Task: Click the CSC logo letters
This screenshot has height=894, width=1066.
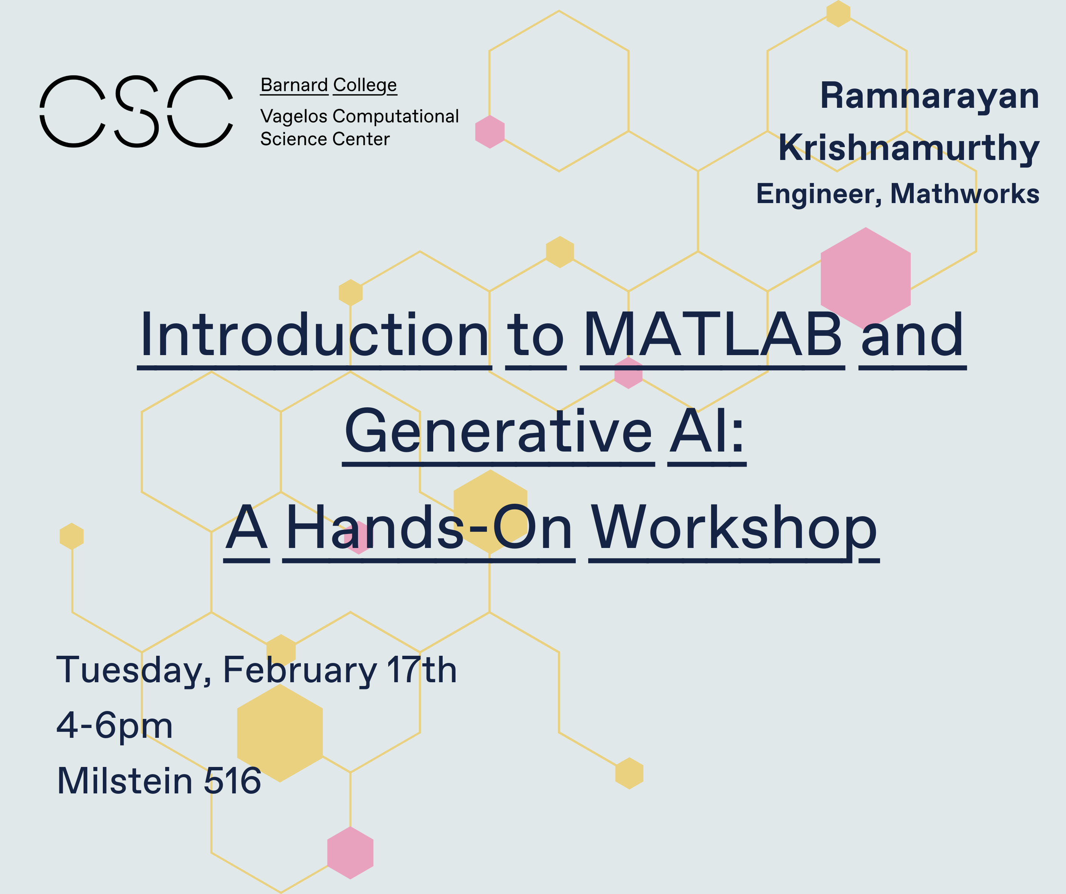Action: [x=136, y=111]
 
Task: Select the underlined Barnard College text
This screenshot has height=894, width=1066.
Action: [x=328, y=85]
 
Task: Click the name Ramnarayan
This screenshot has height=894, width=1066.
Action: [x=930, y=96]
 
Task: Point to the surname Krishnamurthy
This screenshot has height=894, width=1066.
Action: [x=909, y=148]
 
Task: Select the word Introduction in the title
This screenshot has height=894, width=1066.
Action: [x=315, y=335]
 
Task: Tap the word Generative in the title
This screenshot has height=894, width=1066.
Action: [x=499, y=432]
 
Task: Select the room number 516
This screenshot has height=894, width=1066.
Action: [x=232, y=781]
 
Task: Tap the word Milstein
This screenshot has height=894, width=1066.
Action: [x=125, y=781]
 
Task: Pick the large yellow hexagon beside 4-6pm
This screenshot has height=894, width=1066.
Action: [x=280, y=733]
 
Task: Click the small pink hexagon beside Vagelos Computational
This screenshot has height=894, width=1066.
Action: [x=490, y=132]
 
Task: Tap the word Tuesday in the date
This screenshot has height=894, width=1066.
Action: [x=133, y=671]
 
